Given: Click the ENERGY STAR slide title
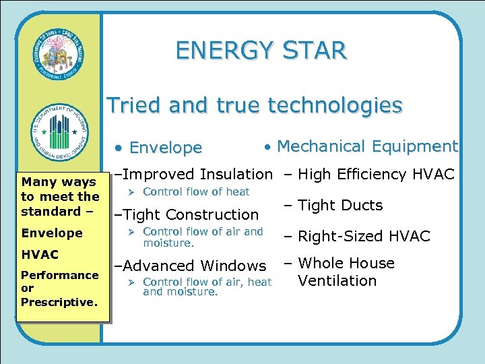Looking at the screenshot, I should click(261, 51).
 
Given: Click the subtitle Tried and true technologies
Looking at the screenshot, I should click(255, 105).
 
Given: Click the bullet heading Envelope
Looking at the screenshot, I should click(165, 148).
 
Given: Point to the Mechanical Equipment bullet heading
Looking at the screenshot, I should click(367, 146).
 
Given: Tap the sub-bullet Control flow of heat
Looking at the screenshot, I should click(196, 191).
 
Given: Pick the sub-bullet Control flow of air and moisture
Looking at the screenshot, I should click(203, 237).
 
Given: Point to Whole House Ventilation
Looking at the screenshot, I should click(341, 272).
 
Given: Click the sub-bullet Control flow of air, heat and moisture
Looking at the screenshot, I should click(207, 287).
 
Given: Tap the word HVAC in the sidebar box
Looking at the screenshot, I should click(40, 255).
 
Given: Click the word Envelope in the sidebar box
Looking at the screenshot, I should click(52, 233).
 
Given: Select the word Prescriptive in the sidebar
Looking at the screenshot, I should click(59, 302).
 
